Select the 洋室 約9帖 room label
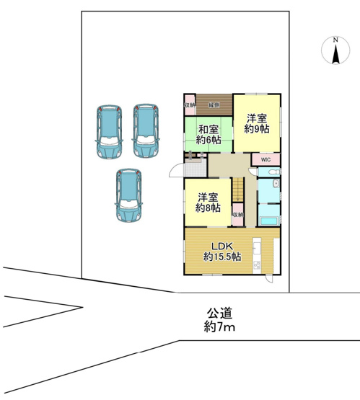(x=256, y=123)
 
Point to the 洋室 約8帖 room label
(x=208, y=203)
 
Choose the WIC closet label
(x=265, y=159)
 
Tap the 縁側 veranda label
(x=214, y=105)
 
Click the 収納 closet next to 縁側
(x=190, y=106)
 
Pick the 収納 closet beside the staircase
(x=238, y=215)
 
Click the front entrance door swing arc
(x=176, y=171)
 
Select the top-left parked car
(x=110, y=131)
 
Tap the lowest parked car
(x=128, y=196)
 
